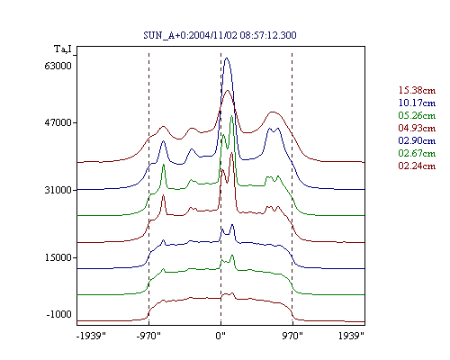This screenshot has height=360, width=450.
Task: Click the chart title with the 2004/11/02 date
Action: [x=220, y=35]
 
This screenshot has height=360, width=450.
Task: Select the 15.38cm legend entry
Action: [x=417, y=90]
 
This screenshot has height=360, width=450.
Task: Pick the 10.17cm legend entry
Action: [x=417, y=103]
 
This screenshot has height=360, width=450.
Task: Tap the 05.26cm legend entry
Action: [x=417, y=115]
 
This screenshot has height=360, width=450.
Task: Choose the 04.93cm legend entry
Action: [x=417, y=128]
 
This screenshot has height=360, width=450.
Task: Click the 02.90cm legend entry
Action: [x=417, y=140]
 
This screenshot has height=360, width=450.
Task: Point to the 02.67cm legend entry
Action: [x=417, y=153]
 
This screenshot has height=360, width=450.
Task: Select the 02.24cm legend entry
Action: [x=417, y=166]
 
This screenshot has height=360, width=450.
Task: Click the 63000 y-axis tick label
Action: [x=58, y=66]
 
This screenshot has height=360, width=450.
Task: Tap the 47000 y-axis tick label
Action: [x=58, y=122]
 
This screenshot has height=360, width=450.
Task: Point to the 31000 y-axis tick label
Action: [x=58, y=190]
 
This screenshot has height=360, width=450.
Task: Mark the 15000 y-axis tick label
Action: [x=58, y=257]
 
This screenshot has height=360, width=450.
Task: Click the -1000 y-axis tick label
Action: [x=59, y=314]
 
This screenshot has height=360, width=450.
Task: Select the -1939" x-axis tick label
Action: [x=91, y=336]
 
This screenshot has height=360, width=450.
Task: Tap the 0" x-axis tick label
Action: [x=220, y=336]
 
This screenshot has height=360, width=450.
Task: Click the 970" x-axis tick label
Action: [x=292, y=336]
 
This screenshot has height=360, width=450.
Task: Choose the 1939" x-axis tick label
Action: [x=351, y=336]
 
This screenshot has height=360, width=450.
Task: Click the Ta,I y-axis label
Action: [x=63, y=49]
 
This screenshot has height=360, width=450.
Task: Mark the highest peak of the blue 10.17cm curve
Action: [x=227, y=58]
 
